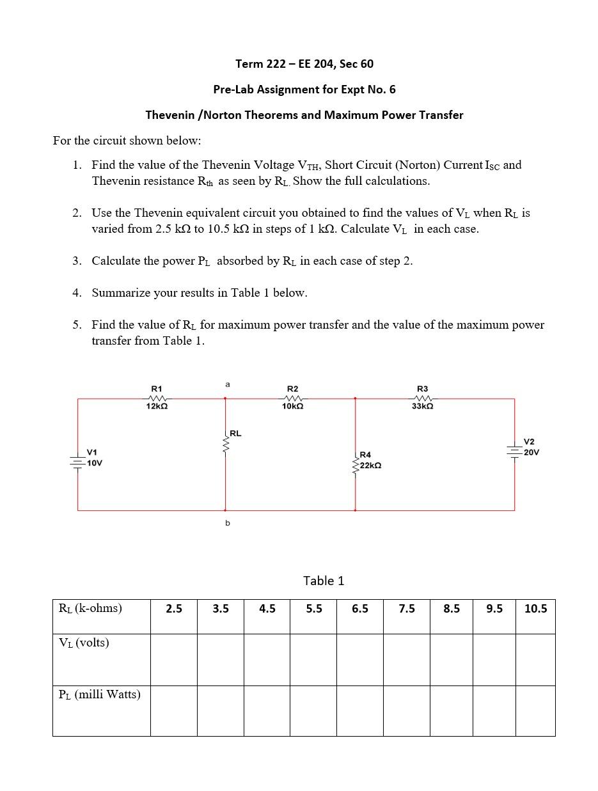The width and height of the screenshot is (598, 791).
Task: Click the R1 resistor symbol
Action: click(157, 398)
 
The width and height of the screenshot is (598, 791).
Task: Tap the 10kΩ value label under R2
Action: click(292, 407)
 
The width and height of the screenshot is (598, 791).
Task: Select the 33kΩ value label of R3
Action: click(422, 407)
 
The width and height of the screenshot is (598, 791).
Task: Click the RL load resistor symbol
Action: click(225, 442)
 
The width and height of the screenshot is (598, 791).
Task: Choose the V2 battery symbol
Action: click(515, 451)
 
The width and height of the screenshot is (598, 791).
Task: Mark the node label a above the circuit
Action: click(227, 384)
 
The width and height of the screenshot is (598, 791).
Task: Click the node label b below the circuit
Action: click(227, 523)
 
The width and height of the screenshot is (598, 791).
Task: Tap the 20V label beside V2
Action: click(531, 452)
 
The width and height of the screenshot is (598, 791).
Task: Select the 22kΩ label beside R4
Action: click(371, 466)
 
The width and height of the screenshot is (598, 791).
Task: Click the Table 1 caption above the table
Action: click(323, 581)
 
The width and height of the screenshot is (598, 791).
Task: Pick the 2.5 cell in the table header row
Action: click(173, 609)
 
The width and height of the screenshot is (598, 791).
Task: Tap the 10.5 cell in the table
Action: click(535, 609)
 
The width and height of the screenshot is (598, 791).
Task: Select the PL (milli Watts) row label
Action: click(99, 694)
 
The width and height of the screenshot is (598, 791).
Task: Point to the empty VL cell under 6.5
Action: click(360, 659)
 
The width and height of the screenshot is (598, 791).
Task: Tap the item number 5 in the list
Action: click(76, 325)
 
